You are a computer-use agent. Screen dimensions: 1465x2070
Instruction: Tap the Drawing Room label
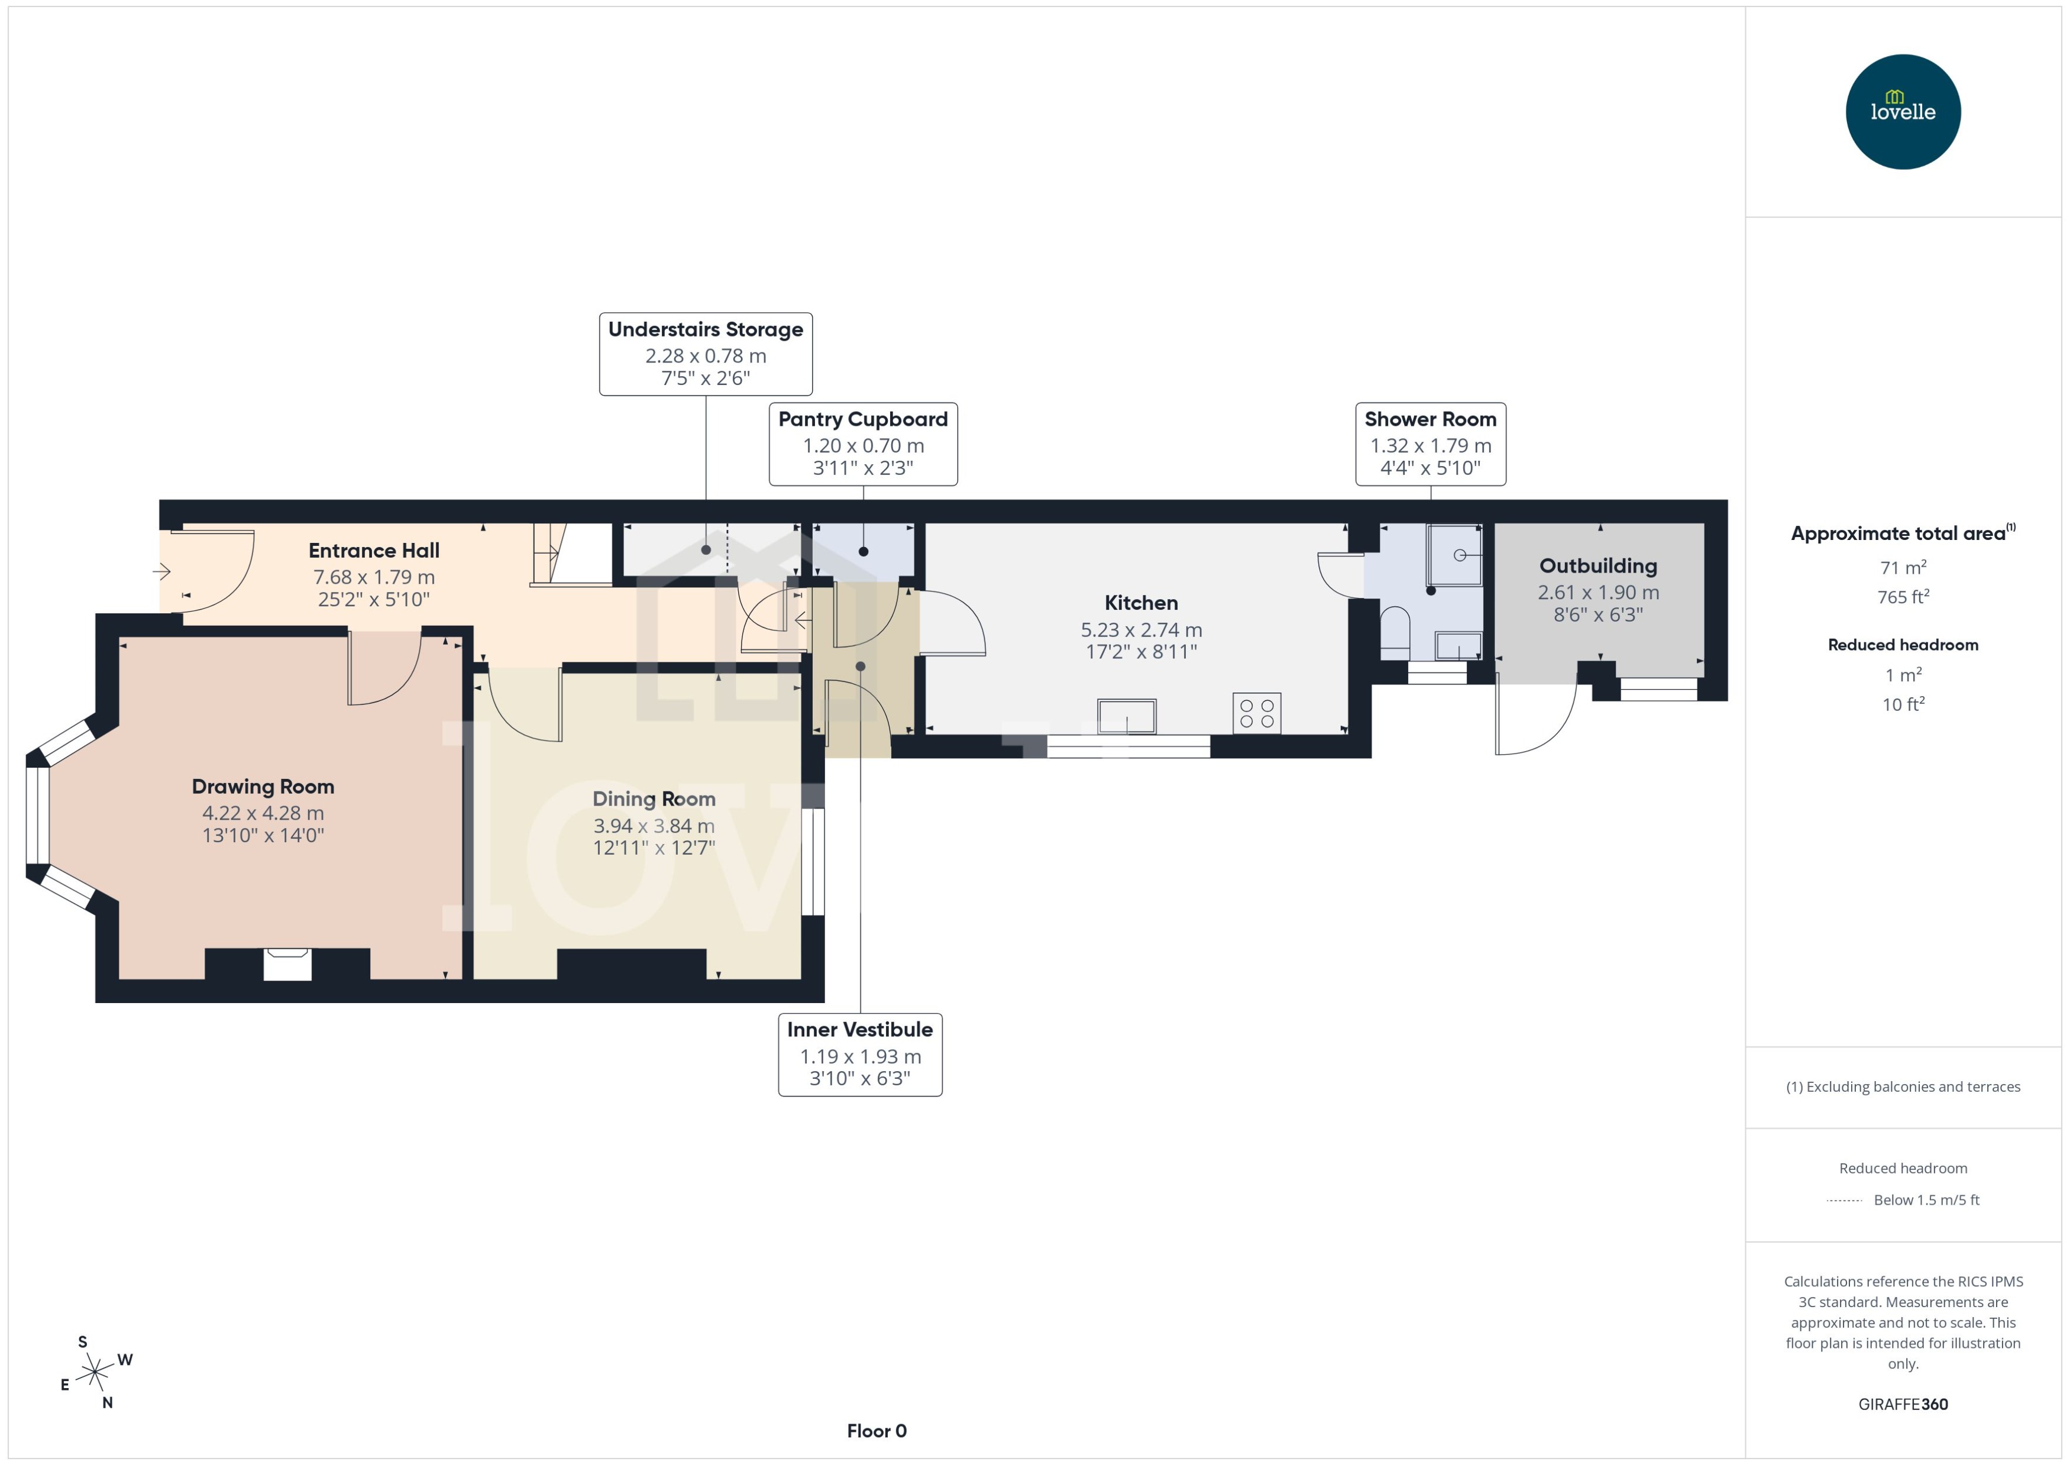(x=263, y=787)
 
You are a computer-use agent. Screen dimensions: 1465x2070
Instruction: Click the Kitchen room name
(x=1141, y=603)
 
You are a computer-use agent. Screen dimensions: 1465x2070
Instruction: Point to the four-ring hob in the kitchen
(x=1256, y=713)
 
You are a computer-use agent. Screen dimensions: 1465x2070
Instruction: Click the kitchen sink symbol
(x=1127, y=717)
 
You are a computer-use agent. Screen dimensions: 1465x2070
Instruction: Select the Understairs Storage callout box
(x=706, y=354)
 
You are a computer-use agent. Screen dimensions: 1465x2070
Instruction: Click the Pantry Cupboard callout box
(x=862, y=444)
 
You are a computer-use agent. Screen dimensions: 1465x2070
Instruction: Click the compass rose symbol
(x=95, y=1373)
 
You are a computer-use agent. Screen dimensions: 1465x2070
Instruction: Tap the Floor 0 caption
(x=876, y=1431)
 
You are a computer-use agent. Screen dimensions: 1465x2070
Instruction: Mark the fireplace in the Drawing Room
(x=287, y=963)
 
